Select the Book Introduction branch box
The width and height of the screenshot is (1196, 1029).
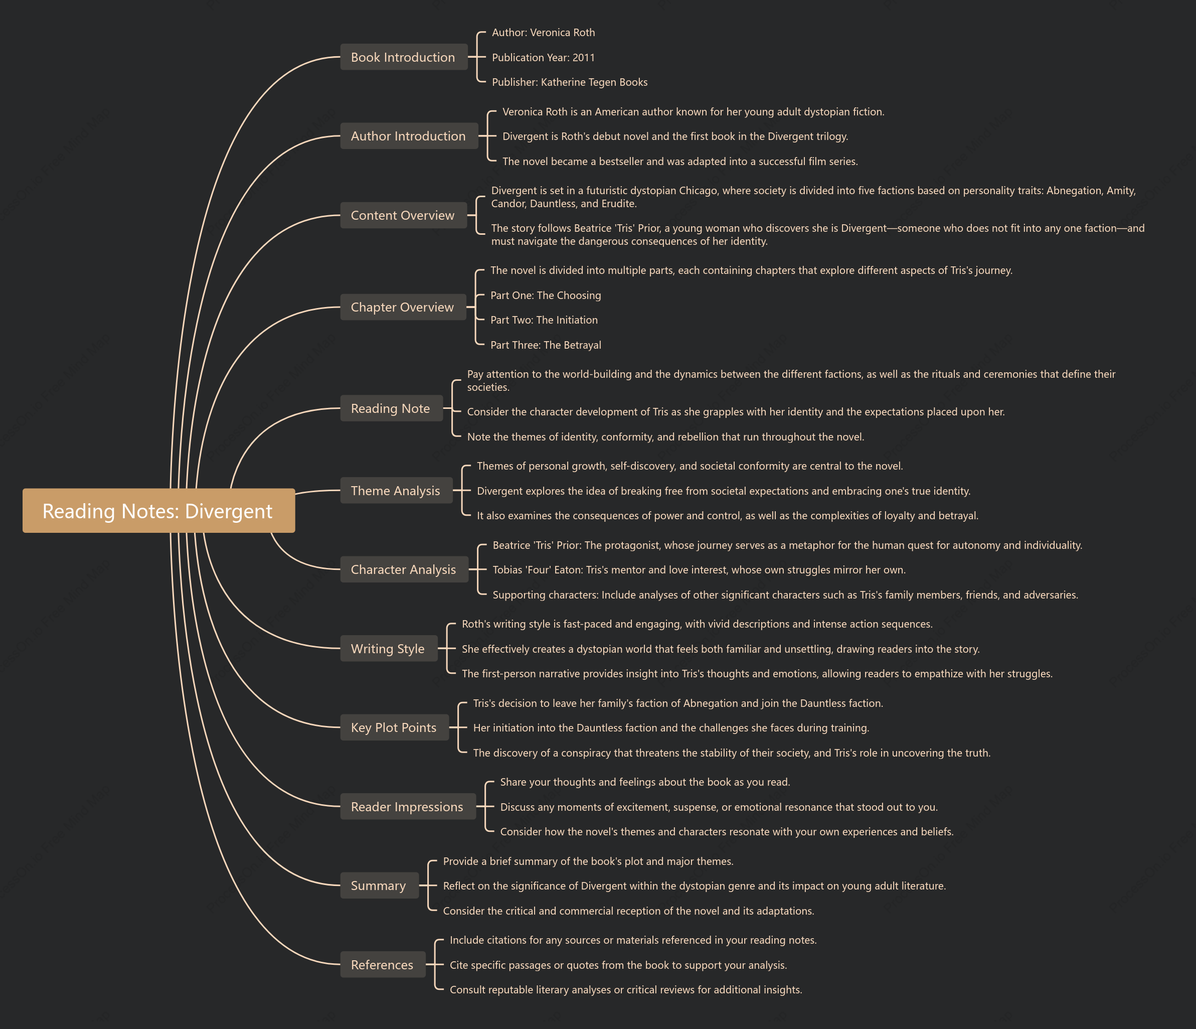point(404,57)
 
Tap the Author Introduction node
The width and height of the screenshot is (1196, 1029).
point(409,135)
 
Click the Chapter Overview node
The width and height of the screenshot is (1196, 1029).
point(403,307)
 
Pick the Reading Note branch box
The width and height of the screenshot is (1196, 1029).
point(391,408)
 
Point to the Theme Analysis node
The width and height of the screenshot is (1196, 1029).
point(396,490)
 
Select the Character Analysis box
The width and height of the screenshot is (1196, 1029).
point(404,569)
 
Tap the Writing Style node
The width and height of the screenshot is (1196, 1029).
point(389,649)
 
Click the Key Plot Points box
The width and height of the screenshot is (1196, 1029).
point(394,727)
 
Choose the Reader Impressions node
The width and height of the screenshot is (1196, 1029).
point(408,807)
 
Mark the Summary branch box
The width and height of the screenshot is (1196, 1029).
point(379,885)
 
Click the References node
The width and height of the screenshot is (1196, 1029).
point(383,964)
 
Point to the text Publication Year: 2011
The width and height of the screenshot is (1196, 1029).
point(543,57)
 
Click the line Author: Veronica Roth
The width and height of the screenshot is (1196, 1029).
point(543,32)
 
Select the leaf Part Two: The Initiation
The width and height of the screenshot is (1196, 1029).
point(544,320)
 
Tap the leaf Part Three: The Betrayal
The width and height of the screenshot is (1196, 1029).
point(546,345)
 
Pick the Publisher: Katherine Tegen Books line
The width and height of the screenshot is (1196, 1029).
point(570,82)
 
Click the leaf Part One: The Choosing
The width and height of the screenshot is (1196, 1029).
point(546,295)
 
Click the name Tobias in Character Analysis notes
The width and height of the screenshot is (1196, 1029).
point(507,570)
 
